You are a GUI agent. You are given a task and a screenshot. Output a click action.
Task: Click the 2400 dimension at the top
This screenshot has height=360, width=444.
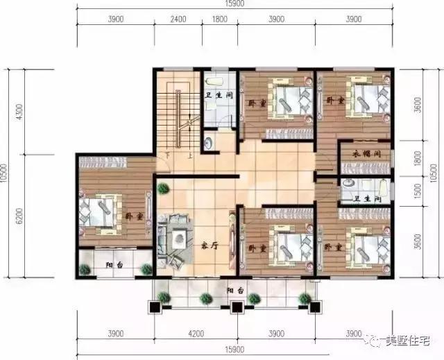point(178,19)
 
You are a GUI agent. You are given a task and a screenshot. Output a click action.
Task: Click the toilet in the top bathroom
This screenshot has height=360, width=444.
point(210,143)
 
